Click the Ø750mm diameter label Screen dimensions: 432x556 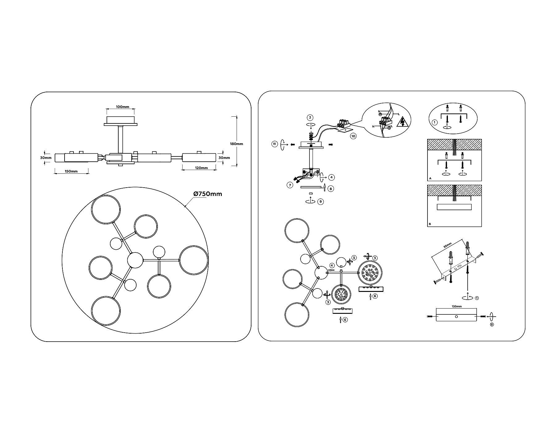[208, 194]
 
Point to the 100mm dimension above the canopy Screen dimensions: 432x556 [122, 107]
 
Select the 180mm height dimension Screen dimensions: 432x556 [237, 144]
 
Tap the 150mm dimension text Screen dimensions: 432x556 [71, 171]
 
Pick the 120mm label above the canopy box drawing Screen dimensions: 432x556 [457, 306]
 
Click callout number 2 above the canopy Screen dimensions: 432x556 [310, 117]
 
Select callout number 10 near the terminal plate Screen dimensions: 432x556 [353, 136]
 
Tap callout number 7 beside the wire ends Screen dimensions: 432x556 [290, 185]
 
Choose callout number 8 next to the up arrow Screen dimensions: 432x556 [331, 189]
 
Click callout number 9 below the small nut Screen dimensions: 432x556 [321, 201]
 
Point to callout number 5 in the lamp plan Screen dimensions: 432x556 [354, 257]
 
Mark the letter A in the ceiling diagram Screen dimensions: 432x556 [430, 178]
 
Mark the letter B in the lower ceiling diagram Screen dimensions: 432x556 [430, 224]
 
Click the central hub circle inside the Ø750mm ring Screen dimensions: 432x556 [135, 260]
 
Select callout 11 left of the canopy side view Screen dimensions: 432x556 [274, 144]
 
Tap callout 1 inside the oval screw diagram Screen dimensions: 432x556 [434, 123]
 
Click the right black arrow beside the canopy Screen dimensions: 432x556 [331, 144]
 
